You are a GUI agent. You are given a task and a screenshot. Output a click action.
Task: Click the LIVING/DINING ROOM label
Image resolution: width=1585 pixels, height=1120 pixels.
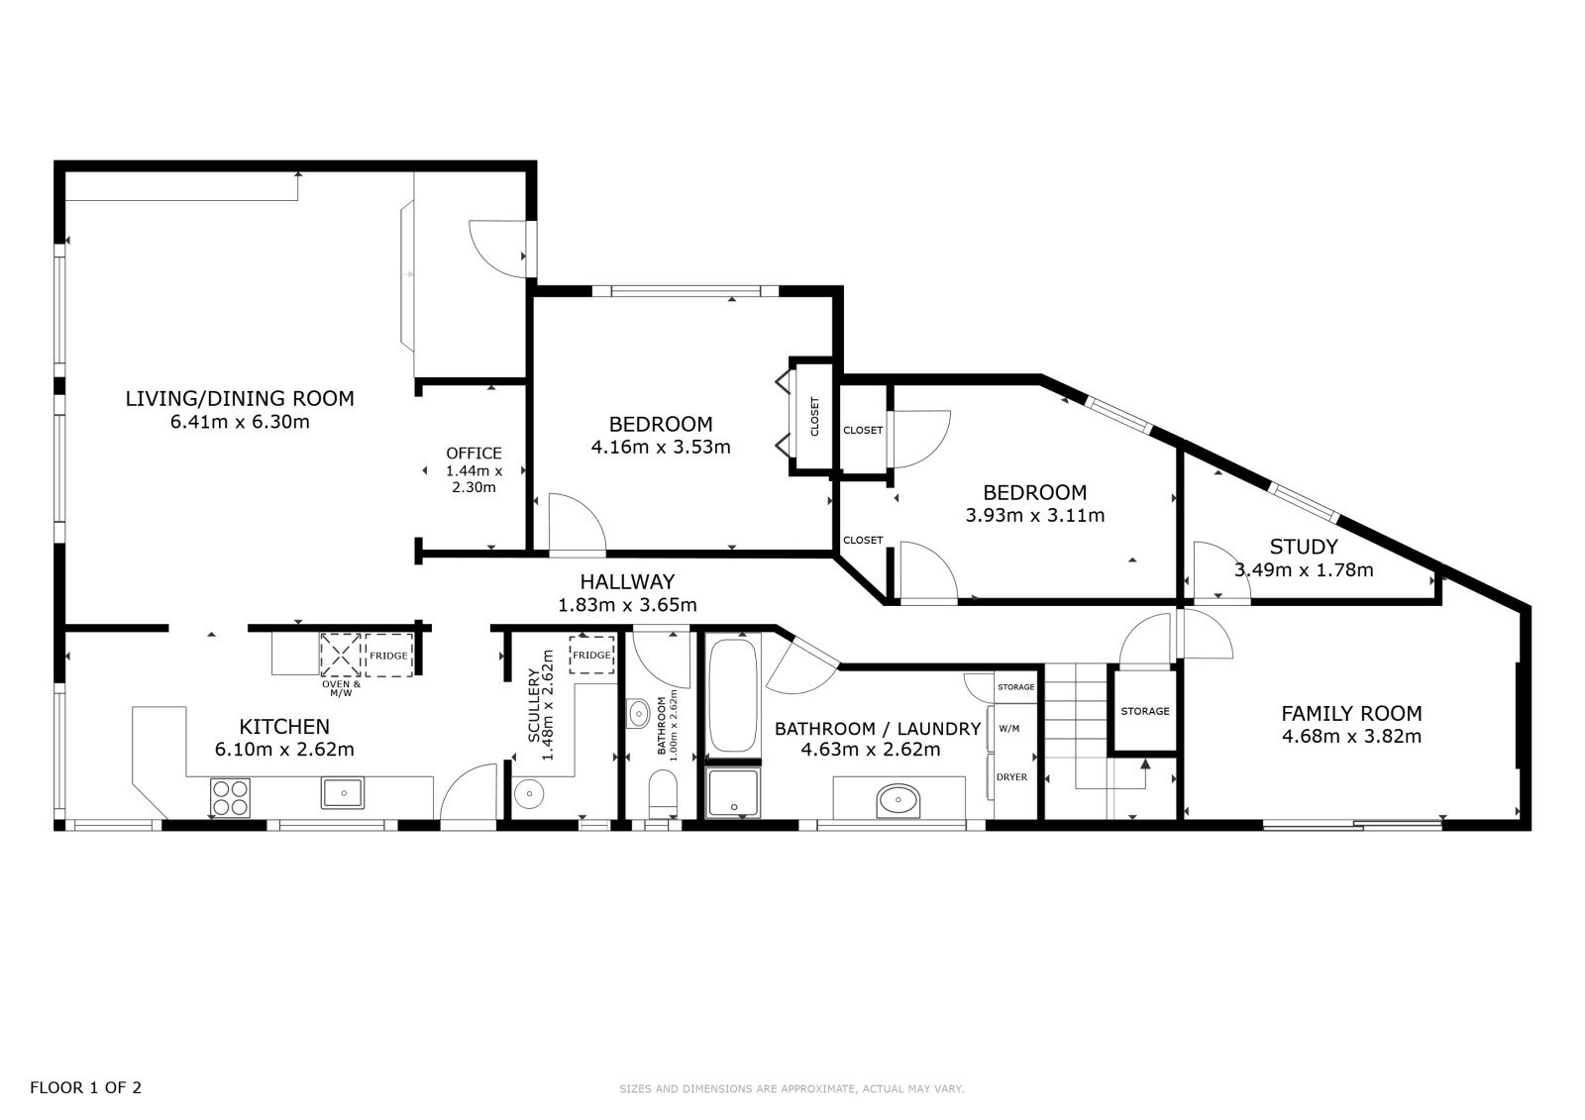click(x=240, y=398)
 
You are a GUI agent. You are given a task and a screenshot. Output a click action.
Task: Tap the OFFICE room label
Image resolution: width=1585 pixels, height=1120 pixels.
click(x=474, y=453)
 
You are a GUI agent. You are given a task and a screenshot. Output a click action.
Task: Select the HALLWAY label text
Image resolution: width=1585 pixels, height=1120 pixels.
click(x=627, y=581)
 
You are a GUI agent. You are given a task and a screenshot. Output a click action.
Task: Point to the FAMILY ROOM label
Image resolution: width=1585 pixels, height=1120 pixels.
click(x=1351, y=713)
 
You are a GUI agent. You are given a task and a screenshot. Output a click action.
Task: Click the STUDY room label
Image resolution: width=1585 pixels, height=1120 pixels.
click(x=1304, y=547)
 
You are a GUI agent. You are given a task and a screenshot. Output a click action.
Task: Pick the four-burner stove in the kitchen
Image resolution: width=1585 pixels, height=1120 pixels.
click(x=230, y=797)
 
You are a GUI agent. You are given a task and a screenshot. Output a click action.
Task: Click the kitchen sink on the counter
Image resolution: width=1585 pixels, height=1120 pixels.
click(x=343, y=792)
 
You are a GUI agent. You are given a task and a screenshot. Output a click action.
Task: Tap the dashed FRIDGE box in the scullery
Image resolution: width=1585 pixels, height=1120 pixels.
click(x=591, y=655)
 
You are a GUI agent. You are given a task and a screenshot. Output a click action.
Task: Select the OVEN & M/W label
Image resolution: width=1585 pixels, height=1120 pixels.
click(x=341, y=688)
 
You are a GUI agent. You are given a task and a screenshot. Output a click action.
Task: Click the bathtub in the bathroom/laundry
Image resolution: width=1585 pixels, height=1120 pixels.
click(x=732, y=695)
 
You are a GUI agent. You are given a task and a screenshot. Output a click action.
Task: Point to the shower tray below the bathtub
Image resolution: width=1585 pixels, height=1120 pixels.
click(x=733, y=792)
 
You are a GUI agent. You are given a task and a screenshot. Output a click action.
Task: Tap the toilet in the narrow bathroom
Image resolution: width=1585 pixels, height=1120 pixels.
click(x=663, y=794)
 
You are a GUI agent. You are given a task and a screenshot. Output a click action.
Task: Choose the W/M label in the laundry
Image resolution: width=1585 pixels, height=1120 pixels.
click(x=1009, y=728)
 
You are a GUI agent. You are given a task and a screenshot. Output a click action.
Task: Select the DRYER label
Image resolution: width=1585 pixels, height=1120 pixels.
click(x=1011, y=776)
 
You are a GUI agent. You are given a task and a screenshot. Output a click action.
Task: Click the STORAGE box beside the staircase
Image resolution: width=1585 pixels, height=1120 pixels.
click(x=1144, y=710)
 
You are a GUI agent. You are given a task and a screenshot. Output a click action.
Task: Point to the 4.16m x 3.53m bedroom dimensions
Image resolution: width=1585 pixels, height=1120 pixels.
click(x=660, y=448)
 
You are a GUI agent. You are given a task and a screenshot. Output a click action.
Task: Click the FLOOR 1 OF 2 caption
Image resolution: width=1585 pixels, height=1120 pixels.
click(x=85, y=1087)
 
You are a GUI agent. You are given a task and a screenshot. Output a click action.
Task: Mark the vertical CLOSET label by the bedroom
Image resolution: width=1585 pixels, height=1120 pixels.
click(x=814, y=417)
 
